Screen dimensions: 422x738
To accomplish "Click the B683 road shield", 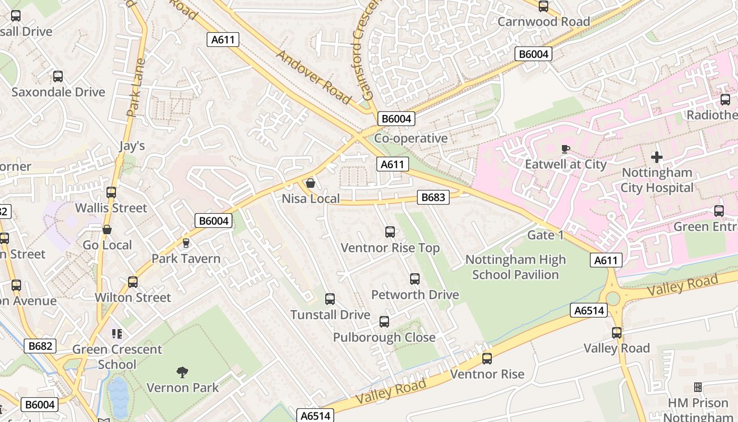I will click(x=433, y=198).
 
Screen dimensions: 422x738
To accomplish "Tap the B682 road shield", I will click(x=40, y=346).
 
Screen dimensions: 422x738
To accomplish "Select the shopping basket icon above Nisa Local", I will click(x=310, y=183).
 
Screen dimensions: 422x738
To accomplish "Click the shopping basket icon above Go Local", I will click(x=107, y=229).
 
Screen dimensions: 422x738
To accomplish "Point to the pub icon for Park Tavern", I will click(x=186, y=243).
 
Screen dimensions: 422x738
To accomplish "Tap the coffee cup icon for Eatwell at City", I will click(x=566, y=149).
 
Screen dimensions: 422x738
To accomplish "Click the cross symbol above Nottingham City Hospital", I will click(x=656, y=157).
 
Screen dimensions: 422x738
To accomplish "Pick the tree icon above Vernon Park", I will click(x=182, y=372).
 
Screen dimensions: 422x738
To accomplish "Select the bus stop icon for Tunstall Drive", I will click(x=330, y=299).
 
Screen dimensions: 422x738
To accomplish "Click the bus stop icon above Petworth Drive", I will click(x=415, y=279).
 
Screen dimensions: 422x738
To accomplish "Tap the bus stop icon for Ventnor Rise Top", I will click(x=390, y=232).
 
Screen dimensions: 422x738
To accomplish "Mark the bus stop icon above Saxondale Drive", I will click(x=58, y=76).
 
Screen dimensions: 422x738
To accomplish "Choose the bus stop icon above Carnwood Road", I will click(x=543, y=6).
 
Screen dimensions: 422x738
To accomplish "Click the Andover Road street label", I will click(x=313, y=77).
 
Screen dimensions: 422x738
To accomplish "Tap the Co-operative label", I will click(x=411, y=138).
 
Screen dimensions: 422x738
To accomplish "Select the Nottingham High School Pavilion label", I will click(x=515, y=267).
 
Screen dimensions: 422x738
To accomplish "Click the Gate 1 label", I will click(x=546, y=235).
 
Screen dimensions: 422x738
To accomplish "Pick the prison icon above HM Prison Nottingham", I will click(x=697, y=387).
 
